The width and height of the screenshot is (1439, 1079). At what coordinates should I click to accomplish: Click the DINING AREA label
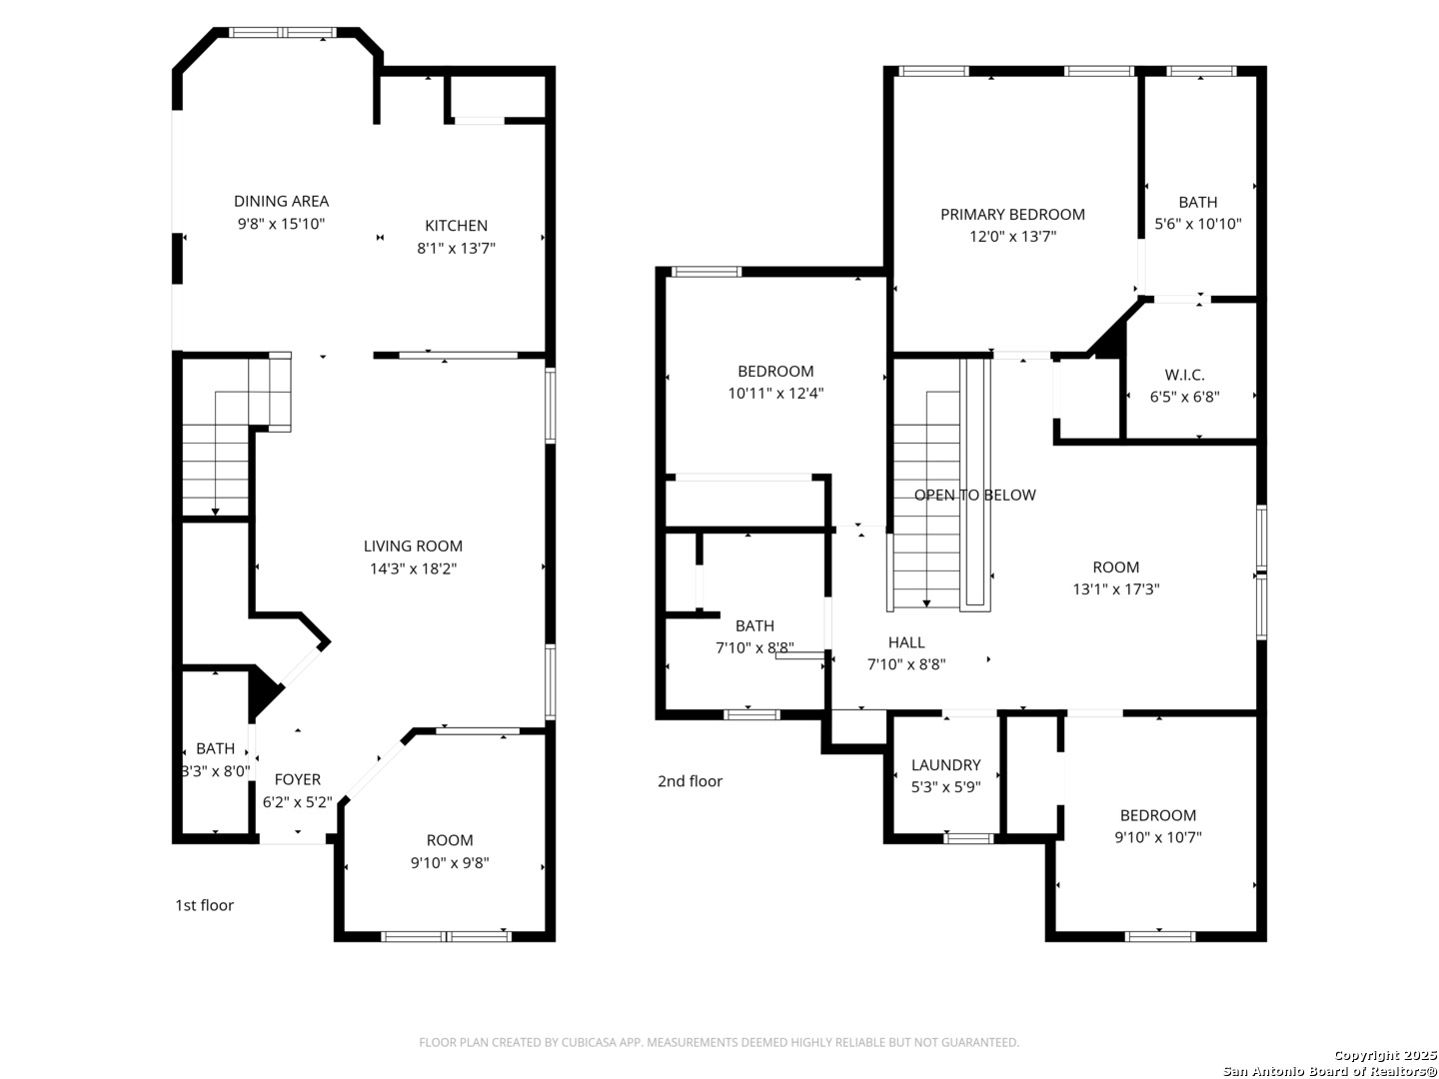(281, 201)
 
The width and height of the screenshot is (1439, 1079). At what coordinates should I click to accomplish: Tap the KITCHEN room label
(456, 226)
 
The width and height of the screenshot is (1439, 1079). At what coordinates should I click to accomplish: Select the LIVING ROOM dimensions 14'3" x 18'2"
(413, 568)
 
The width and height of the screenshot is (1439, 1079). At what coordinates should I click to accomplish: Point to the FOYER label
(298, 779)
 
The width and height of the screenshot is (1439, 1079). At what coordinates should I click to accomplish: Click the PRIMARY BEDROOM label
(1012, 214)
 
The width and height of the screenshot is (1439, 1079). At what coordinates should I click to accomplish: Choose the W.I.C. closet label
(1184, 375)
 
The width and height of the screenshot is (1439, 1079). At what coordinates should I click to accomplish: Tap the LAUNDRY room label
(945, 764)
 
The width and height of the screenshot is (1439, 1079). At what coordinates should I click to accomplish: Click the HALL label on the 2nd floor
(906, 642)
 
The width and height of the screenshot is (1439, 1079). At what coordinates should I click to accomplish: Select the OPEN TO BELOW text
(975, 495)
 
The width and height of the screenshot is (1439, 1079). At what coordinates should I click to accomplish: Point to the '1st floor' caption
(205, 905)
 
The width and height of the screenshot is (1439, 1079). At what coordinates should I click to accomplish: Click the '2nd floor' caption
(690, 781)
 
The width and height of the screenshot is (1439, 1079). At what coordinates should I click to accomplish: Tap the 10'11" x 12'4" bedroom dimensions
(775, 393)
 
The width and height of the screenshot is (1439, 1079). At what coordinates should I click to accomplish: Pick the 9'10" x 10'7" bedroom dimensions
(1158, 836)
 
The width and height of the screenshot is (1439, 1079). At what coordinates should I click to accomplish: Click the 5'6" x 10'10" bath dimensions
(1198, 224)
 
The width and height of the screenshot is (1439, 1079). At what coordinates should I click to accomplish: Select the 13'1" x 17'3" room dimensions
(1116, 589)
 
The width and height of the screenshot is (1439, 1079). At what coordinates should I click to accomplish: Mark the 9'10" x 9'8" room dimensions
(450, 863)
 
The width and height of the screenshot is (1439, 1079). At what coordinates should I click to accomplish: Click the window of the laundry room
(968, 838)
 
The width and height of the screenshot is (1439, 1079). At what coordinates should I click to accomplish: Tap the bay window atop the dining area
(283, 33)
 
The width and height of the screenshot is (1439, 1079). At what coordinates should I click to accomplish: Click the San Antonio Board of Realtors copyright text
(1329, 1071)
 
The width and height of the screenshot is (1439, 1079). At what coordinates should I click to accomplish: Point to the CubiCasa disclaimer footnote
(719, 1042)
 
